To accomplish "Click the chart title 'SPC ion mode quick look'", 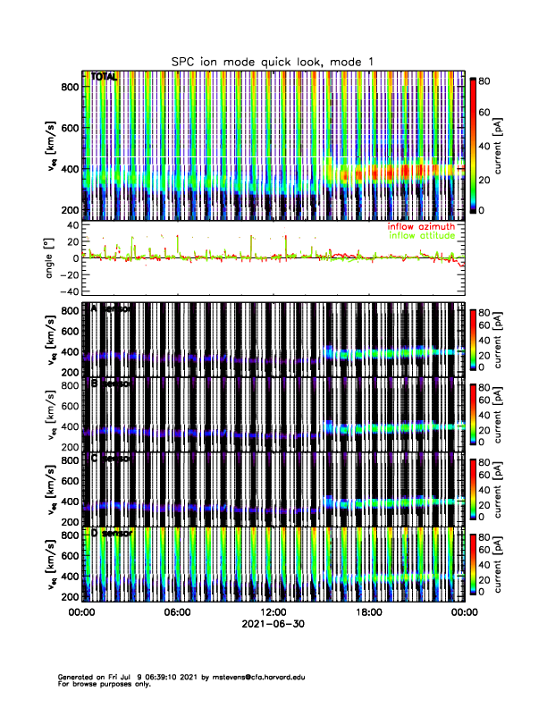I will (273, 61).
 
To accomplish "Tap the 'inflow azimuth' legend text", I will (421, 227).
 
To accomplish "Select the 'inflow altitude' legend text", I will (421, 236).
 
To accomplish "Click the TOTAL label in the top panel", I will (105, 78).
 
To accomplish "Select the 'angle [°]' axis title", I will (51, 257).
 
